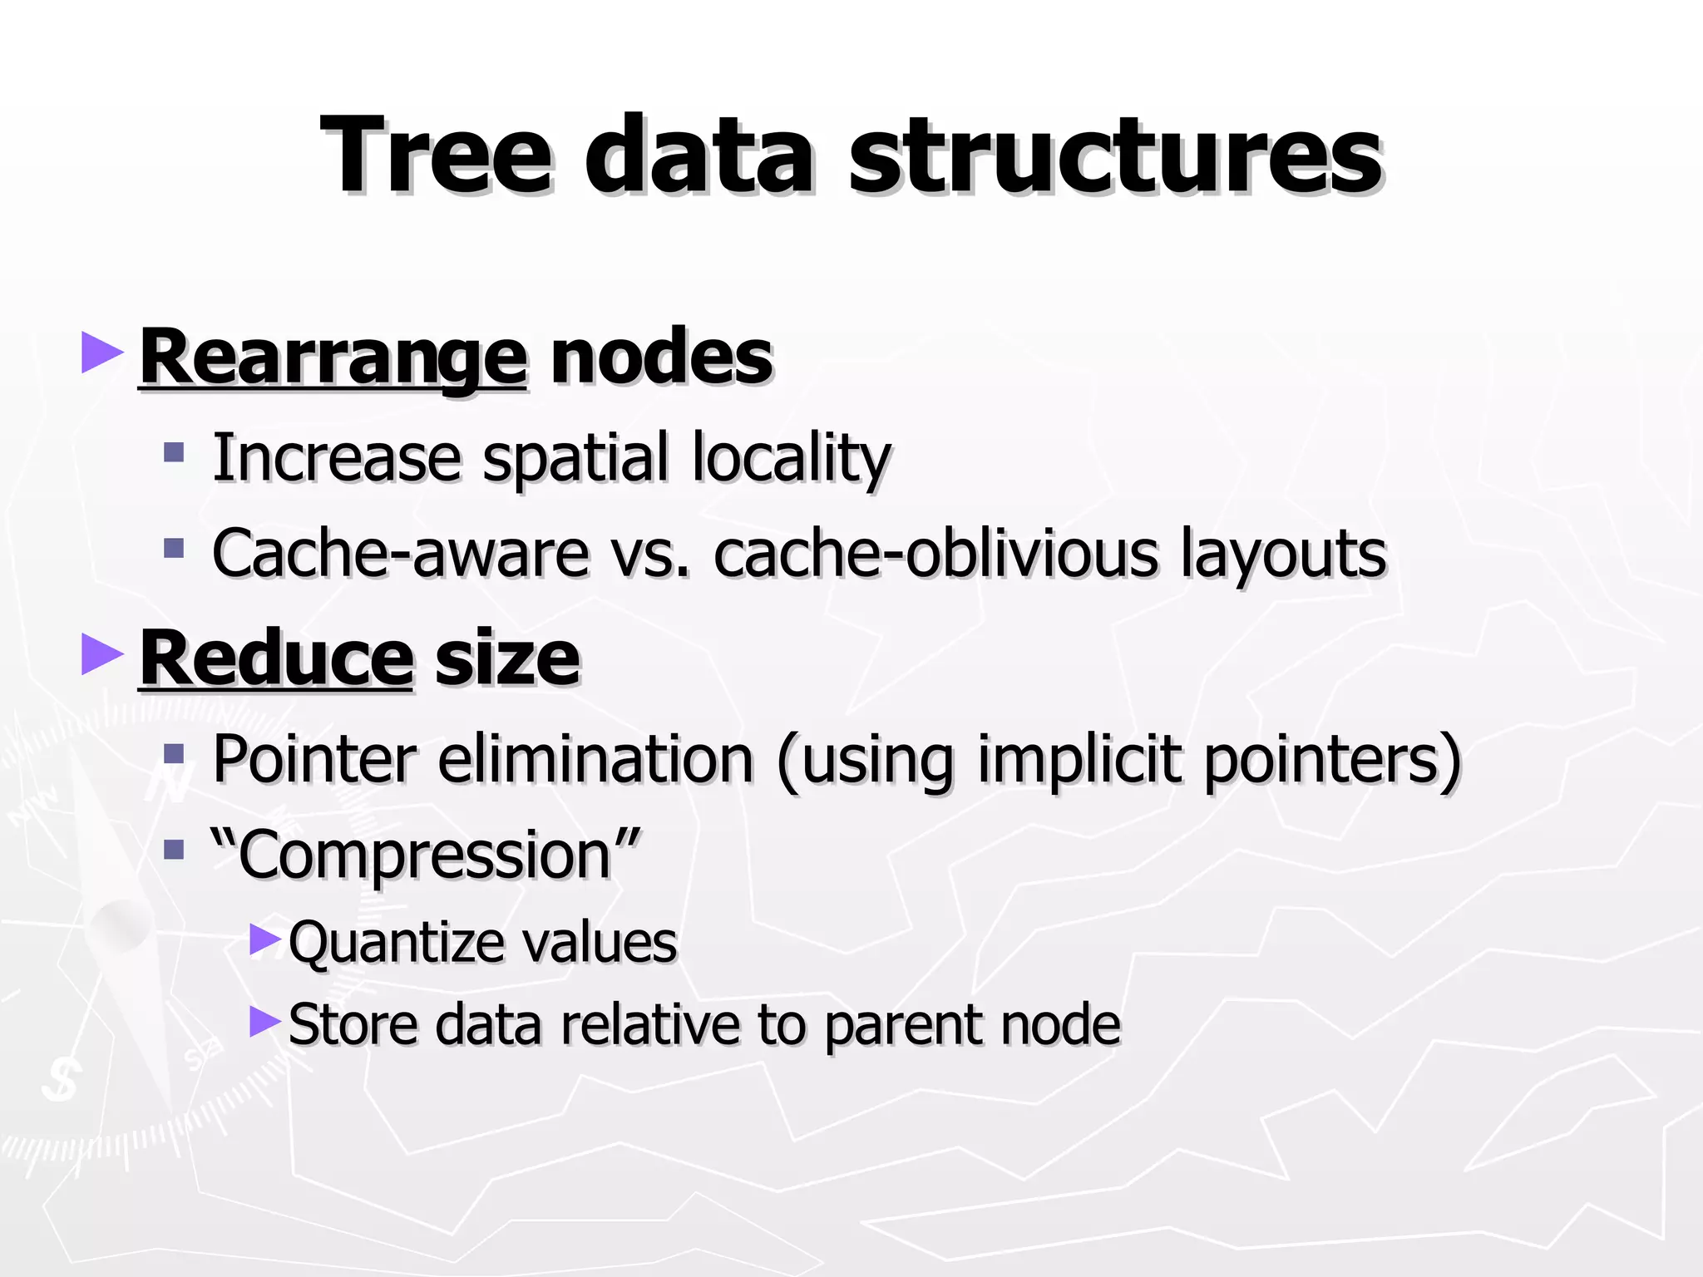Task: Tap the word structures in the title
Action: [1114, 156]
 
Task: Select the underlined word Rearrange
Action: [333, 357]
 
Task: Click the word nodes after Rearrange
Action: [661, 357]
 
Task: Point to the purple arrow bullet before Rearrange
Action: [101, 353]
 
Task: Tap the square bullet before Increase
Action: [174, 453]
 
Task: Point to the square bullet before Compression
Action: [174, 850]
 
